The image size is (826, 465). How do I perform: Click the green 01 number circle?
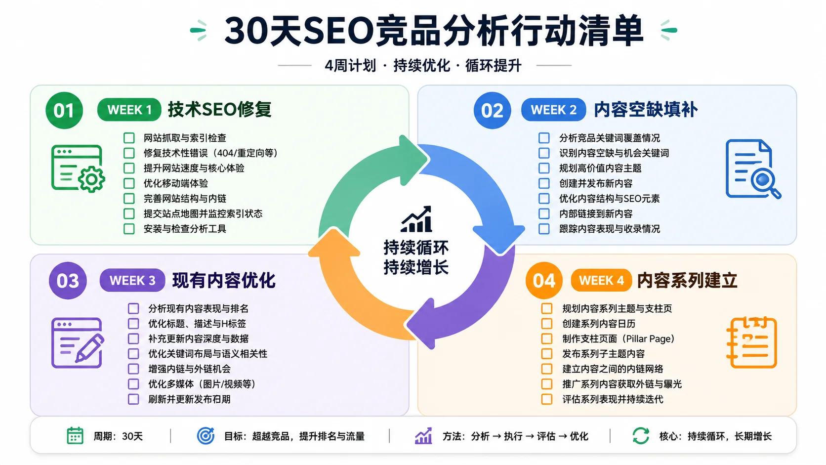(64, 110)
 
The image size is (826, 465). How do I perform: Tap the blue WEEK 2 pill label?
(553, 110)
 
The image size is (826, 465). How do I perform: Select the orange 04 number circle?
(544, 281)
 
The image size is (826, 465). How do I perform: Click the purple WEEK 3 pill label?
(132, 281)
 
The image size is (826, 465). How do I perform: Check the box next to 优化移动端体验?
(129, 183)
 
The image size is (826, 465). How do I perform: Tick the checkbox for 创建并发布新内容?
(544, 183)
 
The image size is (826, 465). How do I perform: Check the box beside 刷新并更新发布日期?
(133, 399)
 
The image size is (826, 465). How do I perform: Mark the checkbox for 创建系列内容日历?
(547, 324)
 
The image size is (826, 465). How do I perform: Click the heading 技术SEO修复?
(220, 110)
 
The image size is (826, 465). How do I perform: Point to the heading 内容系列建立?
(687, 281)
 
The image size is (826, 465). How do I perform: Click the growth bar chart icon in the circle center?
(416, 219)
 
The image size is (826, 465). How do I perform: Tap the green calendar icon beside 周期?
(75, 436)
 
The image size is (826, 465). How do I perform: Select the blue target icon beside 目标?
(206, 436)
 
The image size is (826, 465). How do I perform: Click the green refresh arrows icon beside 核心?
(641, 436)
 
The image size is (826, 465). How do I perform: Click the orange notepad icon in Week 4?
(752, 342)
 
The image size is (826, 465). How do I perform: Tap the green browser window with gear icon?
(78, 168)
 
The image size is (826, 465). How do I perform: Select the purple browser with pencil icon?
(78, 342)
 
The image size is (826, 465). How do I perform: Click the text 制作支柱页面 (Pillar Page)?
(618, 339)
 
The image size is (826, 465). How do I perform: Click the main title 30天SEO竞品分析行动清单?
(434, 31)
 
